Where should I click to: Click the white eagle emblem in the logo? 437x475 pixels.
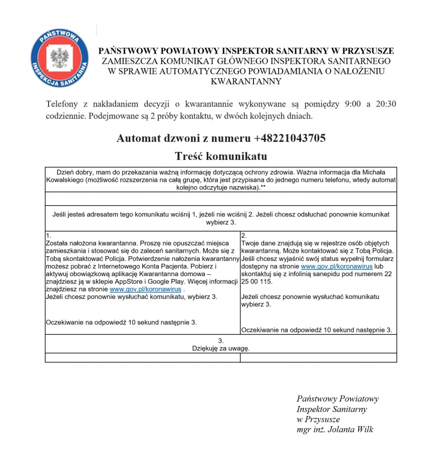[x=59, y=57]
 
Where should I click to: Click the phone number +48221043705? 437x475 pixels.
[x=289, y=138]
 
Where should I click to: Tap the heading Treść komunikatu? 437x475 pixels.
[x=221, y=157]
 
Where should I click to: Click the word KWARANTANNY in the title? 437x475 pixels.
[x=246, y=81]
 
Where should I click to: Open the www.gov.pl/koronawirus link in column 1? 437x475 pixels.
[x=145, y=289]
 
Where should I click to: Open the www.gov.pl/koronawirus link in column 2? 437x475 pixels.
[x=336, y=266]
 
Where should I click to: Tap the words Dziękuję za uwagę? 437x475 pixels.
[x=220, y=349]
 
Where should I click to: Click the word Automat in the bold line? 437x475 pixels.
[x=134, y=138]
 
